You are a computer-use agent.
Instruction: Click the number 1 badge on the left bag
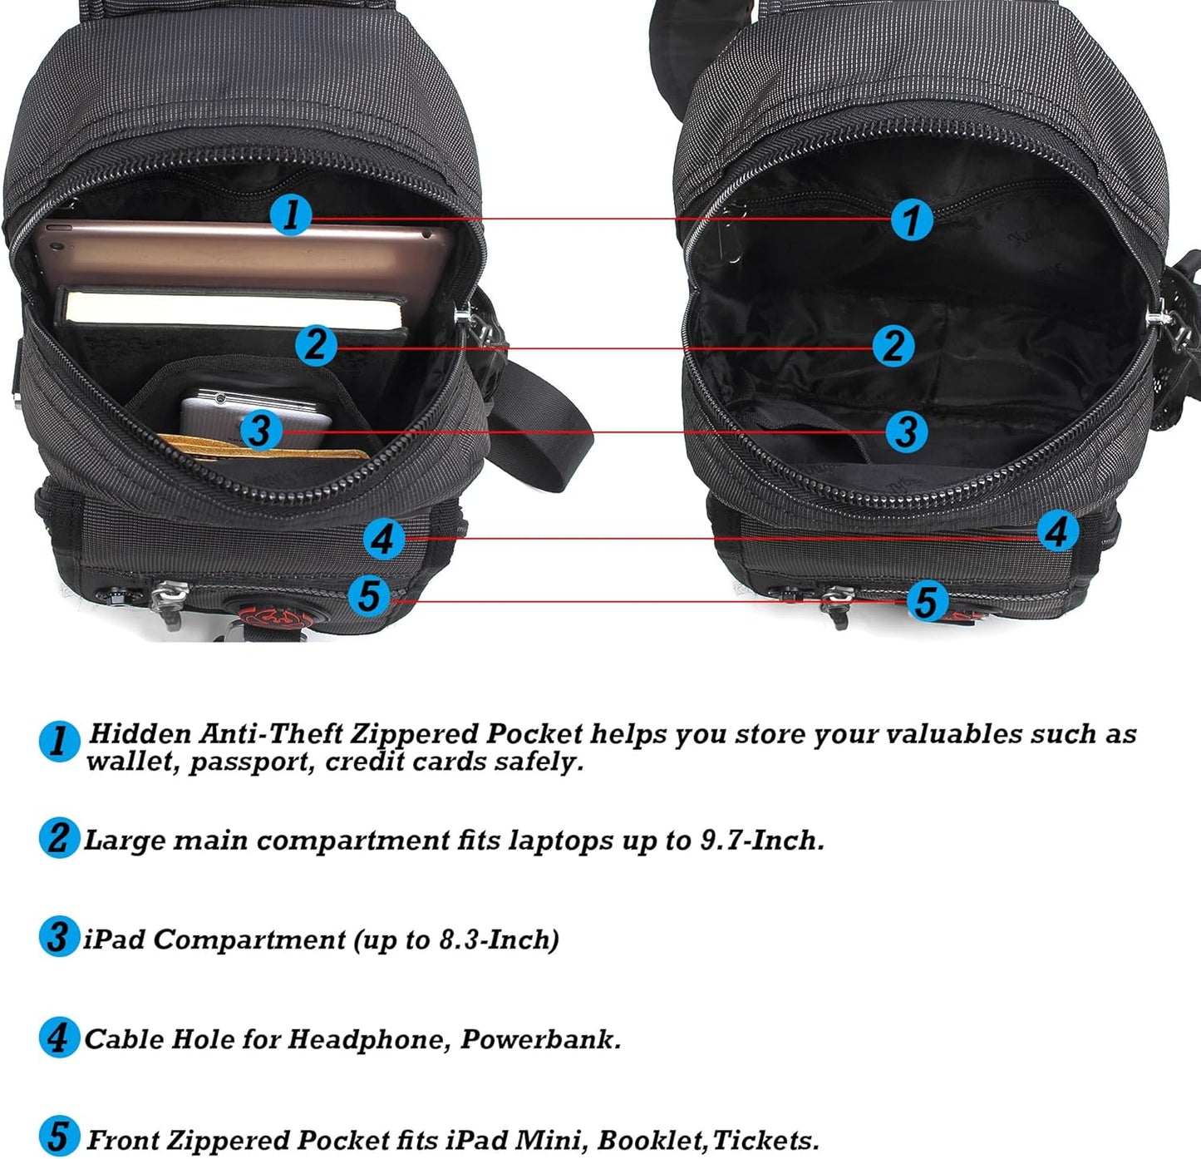[291, 215]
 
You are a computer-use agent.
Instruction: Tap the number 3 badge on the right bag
[906, 432]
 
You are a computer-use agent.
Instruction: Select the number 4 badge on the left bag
[384, 539]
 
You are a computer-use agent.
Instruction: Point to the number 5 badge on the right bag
[927, 601]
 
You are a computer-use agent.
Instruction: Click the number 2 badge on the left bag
[316, 345]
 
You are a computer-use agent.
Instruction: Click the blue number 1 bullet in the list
[59, 742]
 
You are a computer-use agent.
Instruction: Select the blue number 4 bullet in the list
[59, 1038]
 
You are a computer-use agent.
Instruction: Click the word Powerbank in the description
[540, 1039]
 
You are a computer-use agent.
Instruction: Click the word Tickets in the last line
[766, 1140]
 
